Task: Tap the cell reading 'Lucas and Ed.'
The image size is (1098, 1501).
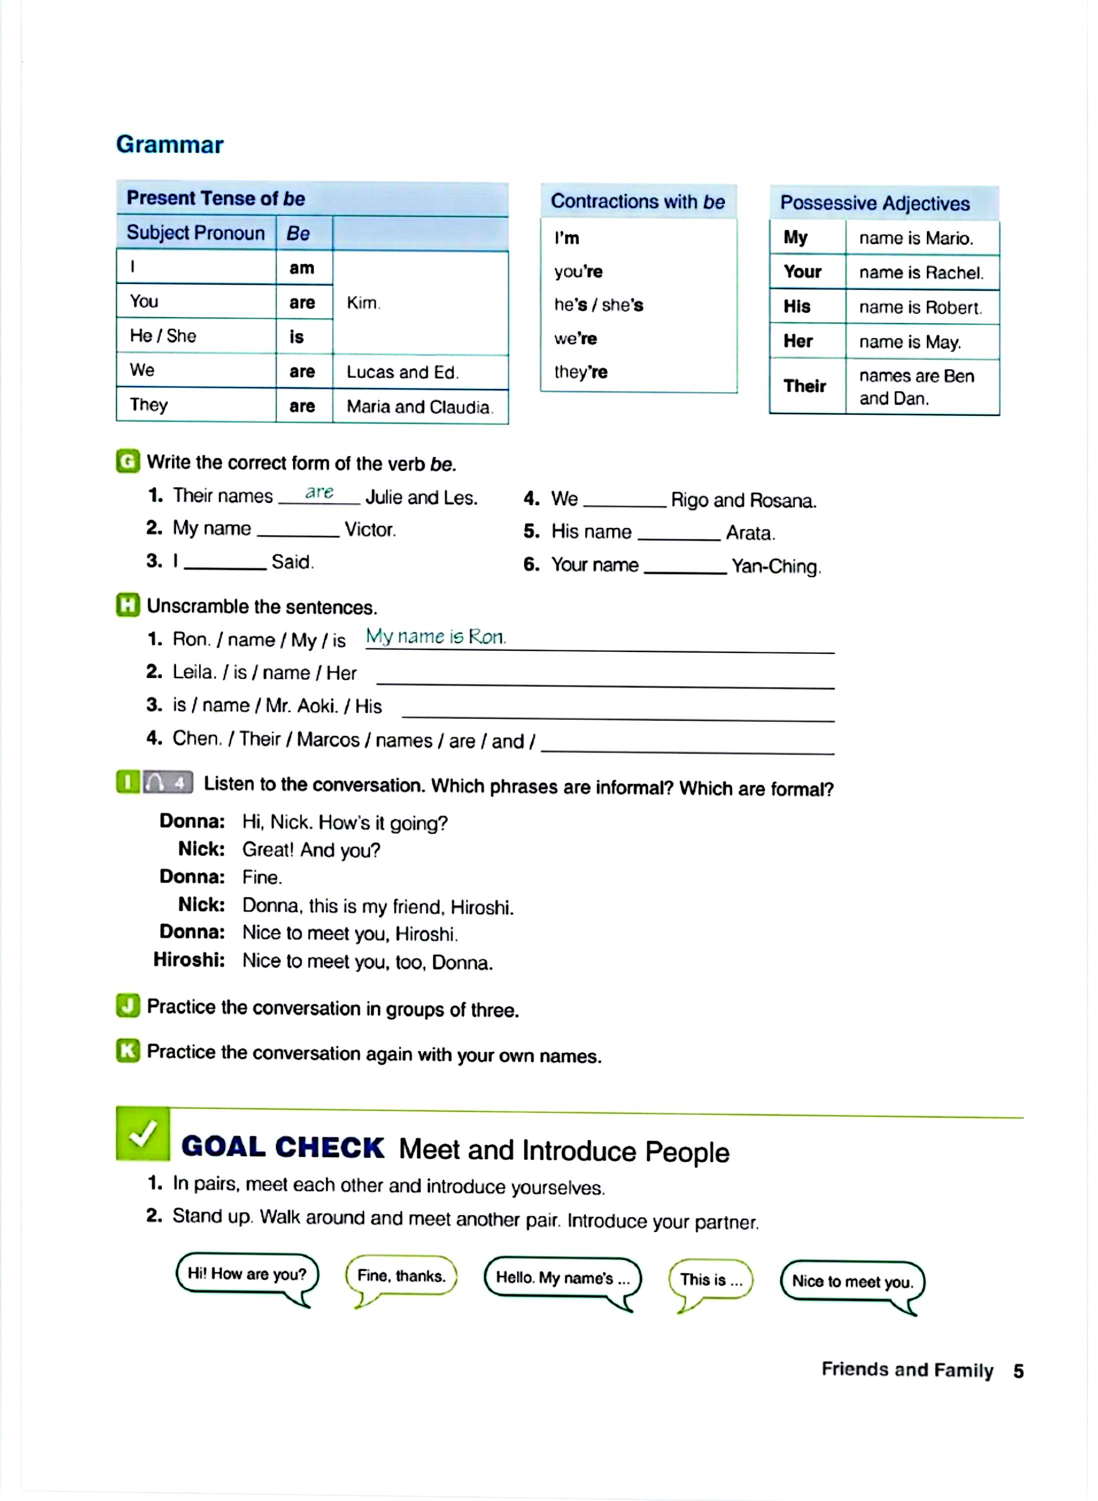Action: click(x=402, y=372)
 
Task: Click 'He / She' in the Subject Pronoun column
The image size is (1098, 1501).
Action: click(x=163, y=336)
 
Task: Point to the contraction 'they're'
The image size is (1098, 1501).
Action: click(x=580, y=372)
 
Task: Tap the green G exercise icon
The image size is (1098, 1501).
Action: click(x=128, y=461)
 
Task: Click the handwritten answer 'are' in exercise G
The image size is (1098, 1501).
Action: click(x=319, y=492)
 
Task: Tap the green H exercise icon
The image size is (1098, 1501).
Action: click(x=128, y=605)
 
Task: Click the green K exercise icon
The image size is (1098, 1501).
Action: click(x=128, y=1051)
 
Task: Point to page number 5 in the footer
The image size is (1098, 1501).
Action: click(x=1018, y=1371)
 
